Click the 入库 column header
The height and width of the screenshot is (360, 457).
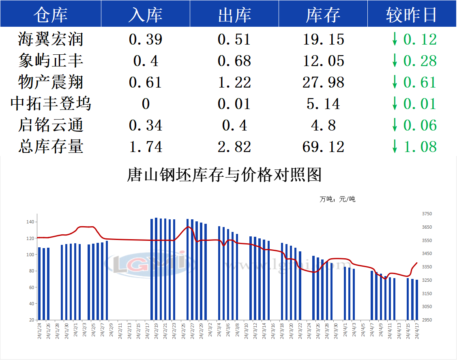click(145, 15)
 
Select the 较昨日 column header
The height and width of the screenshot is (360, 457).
click(411, 15)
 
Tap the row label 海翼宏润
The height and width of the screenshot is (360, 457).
click(51, 39)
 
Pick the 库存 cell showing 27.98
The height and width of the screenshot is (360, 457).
click(323, 82)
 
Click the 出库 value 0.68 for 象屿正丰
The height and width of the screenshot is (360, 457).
click(234, 61)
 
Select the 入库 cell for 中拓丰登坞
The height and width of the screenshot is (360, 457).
click(146, 104)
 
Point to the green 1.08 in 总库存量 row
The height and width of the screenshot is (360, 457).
click(420, 147)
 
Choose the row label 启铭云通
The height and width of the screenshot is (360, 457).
click(51, 125)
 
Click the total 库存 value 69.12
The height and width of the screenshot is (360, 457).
click(323, 147)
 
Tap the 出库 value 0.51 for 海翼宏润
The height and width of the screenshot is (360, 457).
click(234, 39)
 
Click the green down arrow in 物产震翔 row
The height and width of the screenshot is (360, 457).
click(394, 82)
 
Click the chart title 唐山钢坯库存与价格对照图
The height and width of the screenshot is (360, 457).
click(224, 175)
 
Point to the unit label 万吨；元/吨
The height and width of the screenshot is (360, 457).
click(337, 199)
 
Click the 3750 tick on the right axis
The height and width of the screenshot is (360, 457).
click(427, 214)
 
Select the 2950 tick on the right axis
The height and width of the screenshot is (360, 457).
click(427, 320)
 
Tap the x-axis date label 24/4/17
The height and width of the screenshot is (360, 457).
click(417, 332)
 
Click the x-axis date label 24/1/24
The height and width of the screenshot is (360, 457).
click(40, 332)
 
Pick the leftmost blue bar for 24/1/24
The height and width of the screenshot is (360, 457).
click(39, 283)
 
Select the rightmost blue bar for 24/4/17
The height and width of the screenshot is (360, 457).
click(417, 300)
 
